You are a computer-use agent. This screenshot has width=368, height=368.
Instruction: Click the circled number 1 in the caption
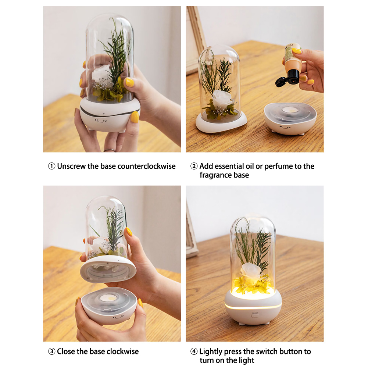51,166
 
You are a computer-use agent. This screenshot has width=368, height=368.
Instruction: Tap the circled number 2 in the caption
194,166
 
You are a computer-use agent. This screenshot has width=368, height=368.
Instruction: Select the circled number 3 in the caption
51,351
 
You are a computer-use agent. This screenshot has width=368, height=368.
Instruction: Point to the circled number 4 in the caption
194,351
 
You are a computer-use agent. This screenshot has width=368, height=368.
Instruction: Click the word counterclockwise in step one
146,166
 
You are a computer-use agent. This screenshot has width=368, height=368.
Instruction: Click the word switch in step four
266,351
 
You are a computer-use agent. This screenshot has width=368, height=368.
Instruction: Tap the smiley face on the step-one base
101,121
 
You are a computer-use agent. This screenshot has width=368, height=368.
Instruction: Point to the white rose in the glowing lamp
250,270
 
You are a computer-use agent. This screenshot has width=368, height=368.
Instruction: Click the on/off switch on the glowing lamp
255,316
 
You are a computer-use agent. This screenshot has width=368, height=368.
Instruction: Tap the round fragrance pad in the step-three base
108,299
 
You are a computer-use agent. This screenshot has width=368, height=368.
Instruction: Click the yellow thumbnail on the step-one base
135,117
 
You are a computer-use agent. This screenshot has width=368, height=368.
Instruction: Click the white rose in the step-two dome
222,98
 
